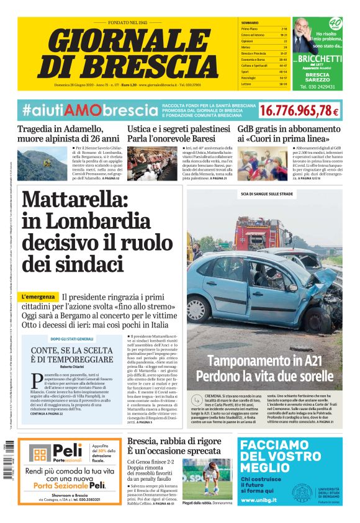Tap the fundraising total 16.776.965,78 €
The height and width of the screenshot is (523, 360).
[x=299, y=111]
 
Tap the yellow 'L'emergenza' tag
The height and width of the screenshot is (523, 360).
[x=39, y=297]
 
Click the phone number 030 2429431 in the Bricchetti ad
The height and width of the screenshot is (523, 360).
[x=317, y=87]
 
